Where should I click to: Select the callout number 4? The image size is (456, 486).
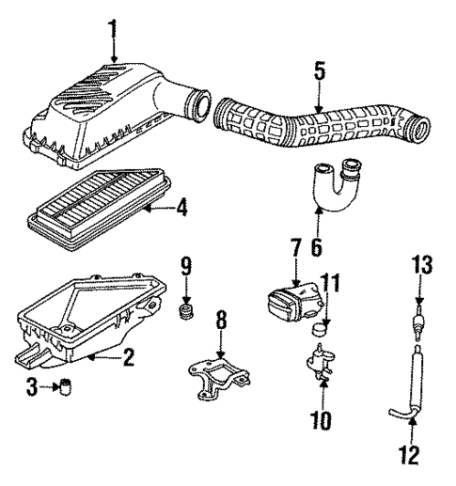pos(182,207)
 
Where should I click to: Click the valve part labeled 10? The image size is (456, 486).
pos(322,361)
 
